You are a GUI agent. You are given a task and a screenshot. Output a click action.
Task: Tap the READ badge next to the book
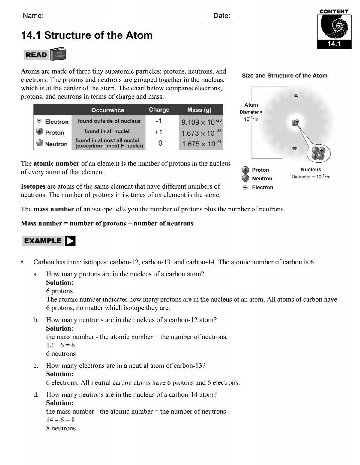[x=36, y=55]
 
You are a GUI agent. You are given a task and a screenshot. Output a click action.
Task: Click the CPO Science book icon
[x=58, y=54]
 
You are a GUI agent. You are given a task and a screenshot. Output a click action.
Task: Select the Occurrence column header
[x=108, y=110]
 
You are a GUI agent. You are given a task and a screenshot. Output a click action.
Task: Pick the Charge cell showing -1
[x=159, y=121]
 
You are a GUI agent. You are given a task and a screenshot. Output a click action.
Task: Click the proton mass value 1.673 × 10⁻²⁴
[x=201, y=133]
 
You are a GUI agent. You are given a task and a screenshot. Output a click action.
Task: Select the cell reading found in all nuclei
[x=107, y=131]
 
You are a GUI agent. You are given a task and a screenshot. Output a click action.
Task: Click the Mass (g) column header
[x=199, y=110]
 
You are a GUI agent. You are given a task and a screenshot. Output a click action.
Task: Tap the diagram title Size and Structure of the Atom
[x=284, y=76]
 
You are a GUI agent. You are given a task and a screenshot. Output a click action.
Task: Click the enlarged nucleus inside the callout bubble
[x=318, y=153]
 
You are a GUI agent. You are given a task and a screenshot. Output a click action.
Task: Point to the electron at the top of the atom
[x=296, y=96]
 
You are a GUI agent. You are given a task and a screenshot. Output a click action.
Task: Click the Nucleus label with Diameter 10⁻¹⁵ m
[x=311, y=173]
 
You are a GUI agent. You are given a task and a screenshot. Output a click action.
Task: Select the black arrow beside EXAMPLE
[x=70, y=241]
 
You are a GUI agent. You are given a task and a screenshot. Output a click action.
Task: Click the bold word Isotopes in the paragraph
[x=33, y=186]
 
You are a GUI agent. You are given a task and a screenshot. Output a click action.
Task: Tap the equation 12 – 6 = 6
[x=60, y=345]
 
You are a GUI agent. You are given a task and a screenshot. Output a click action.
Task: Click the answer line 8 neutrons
[x=61, y=428]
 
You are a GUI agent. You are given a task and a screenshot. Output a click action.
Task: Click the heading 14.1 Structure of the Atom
[x=87, y=35]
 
